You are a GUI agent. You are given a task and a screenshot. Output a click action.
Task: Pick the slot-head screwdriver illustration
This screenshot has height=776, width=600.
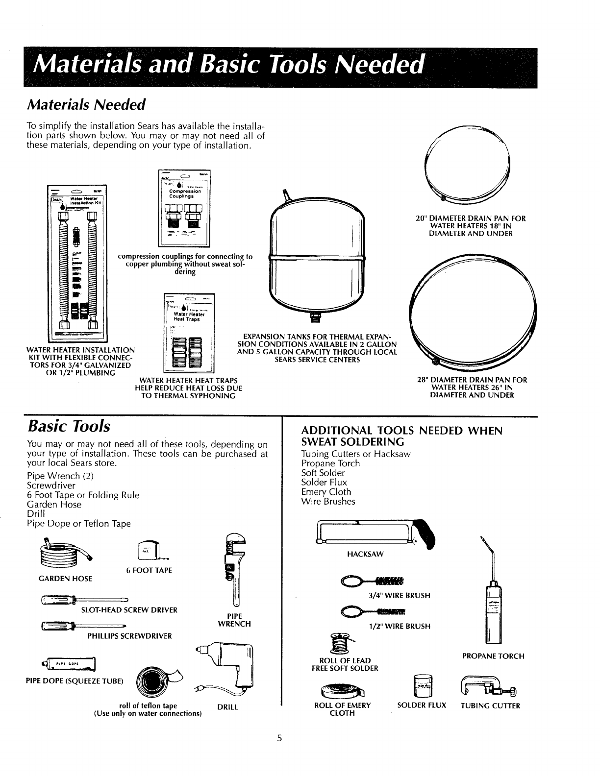(x=84, y=599)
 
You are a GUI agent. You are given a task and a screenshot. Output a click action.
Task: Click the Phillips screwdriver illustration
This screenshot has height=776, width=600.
(x=83, y=625)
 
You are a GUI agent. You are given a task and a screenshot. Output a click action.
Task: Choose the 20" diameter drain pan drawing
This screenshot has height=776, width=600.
(x=469, y=167)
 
